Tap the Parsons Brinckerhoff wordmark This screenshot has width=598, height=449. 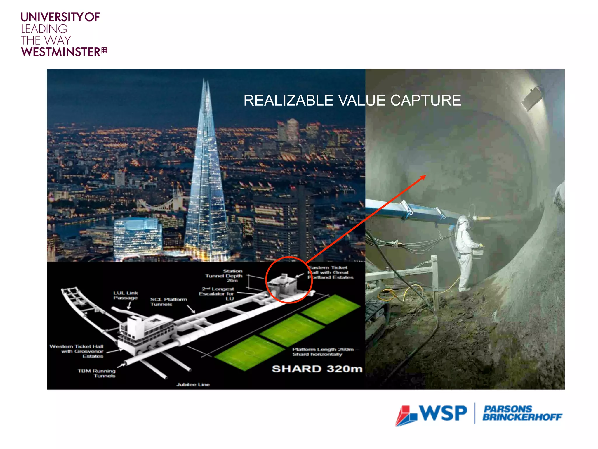(x=522, y=413)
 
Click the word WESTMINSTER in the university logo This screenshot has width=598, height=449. (x=61, y=52)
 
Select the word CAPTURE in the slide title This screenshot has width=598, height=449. (x=425, y=100)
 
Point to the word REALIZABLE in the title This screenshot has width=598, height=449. (x=288, y=100)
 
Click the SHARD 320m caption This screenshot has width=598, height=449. (x=317, y=369)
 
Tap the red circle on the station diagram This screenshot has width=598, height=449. (x=289, y=280)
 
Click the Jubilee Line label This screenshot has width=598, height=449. (x=193, y=384)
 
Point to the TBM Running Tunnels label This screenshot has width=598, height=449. (x=97, y=373)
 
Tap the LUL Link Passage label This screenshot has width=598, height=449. (x=126, y=295)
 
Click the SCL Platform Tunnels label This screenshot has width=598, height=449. (x=168, y=302)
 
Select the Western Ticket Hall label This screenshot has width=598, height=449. (x=77, y=351)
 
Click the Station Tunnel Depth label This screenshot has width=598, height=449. (x=224, y=276)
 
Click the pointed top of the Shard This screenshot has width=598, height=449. (x=206, y=80)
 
